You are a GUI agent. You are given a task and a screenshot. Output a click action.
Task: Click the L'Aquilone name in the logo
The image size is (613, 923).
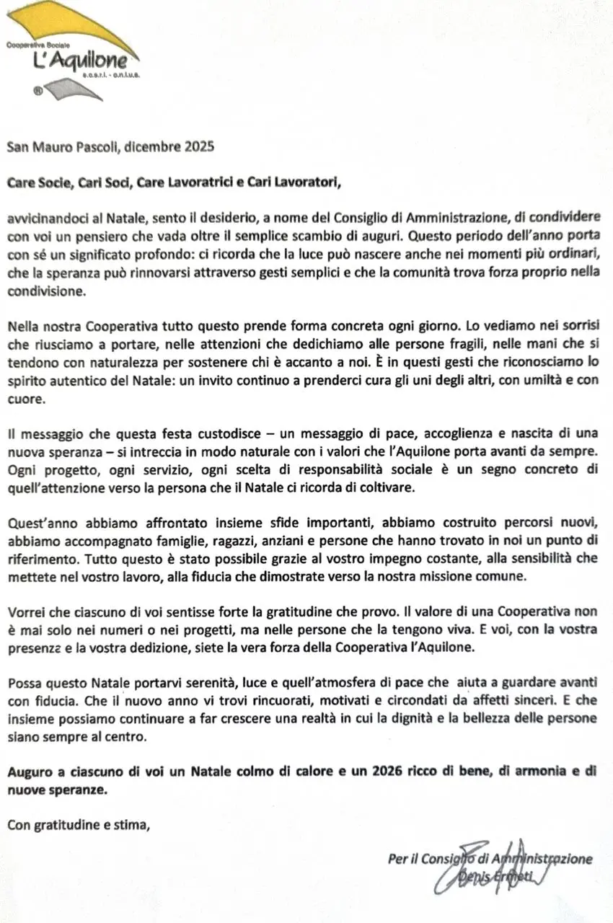point(80,62)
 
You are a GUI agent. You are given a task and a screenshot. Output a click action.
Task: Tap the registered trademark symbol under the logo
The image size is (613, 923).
point(38,91)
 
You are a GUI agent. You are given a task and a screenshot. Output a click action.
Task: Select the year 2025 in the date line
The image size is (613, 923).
point(198,146)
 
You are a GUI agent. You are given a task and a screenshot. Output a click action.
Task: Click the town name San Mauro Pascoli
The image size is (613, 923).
point(63,146)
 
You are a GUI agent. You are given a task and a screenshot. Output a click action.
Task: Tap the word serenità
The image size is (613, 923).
point(207,682)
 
